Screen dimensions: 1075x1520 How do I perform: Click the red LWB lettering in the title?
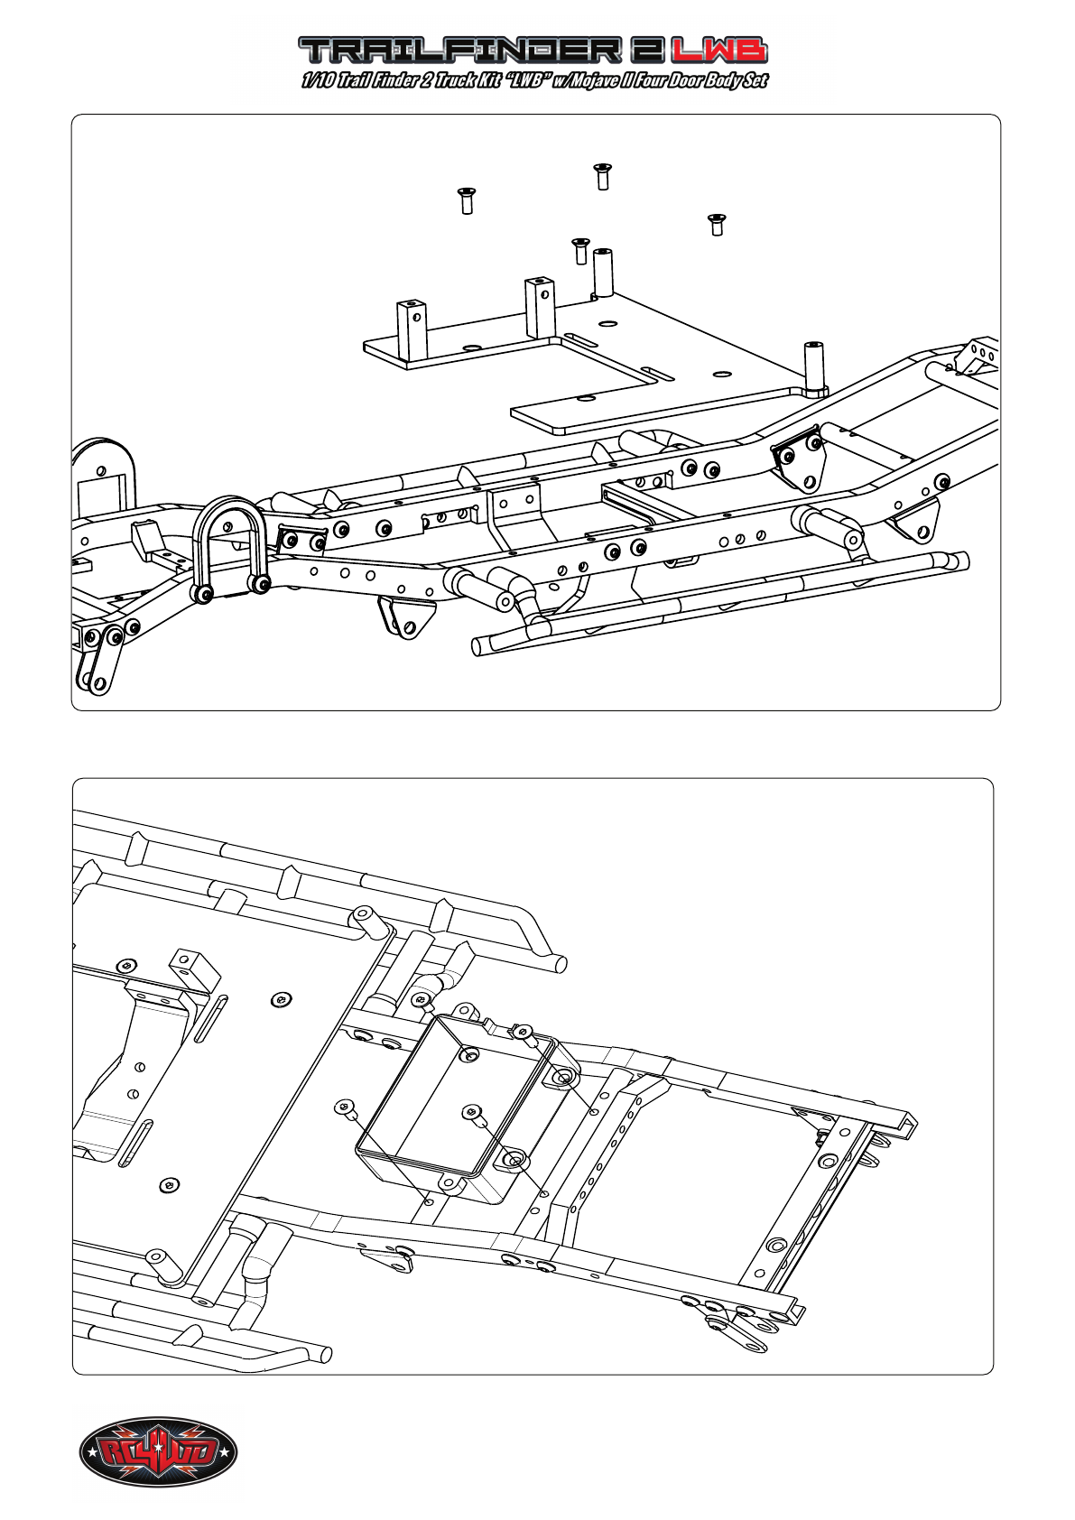click(x=719, y=51)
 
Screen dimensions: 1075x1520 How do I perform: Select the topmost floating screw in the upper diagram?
click(x=603, y=176)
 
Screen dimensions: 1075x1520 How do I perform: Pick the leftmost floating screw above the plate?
click(x=467, y=201)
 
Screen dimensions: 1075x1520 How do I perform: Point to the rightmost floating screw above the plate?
click(x=717, y=225)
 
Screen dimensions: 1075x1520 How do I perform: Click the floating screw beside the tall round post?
click(x=580, y=251)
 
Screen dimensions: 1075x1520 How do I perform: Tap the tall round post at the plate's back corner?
click(x=603, y=273)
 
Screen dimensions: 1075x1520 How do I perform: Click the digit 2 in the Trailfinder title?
click(x=644, y=51)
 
